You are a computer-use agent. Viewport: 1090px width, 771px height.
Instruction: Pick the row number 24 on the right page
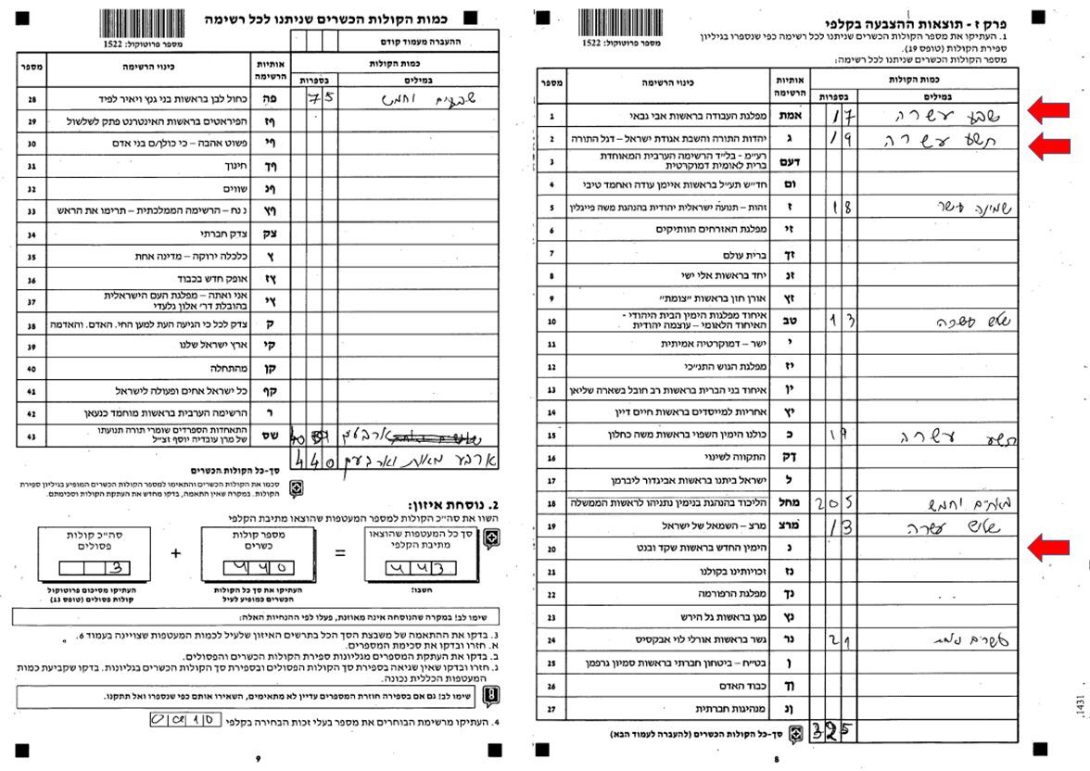pyautogui.click(x=551, y=640)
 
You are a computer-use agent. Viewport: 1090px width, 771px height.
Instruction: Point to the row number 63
pyautogui.click(x=32, y=436)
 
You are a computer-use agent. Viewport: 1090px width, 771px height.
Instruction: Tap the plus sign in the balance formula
pyautogui.click(x=176, y=553)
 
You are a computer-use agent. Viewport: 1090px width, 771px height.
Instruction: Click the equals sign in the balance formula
pyautogui.click(x=340, y=553)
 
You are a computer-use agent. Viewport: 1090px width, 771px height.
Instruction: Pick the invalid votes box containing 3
pyautogui.click(x=95, y=567)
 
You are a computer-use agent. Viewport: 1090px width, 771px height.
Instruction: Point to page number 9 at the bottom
pyautogui.click(x=258, y=758)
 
